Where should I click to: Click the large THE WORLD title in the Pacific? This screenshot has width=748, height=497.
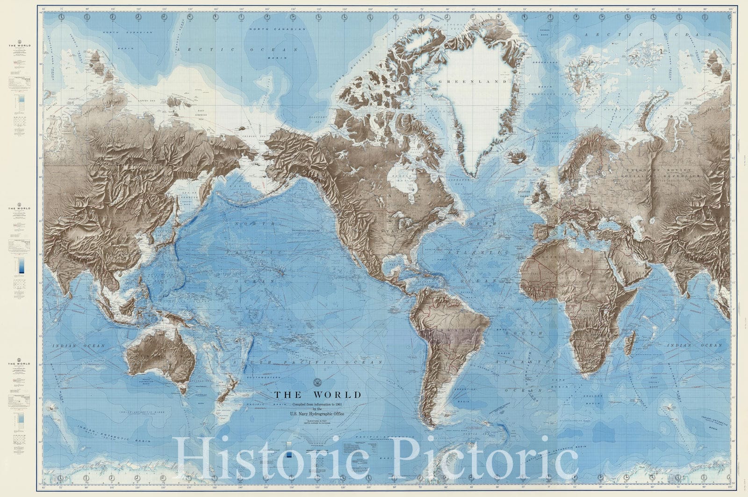pyautogui.click(x=317, y=395)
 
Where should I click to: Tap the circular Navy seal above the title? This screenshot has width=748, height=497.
pyautogui.click(x=318, y=382)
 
